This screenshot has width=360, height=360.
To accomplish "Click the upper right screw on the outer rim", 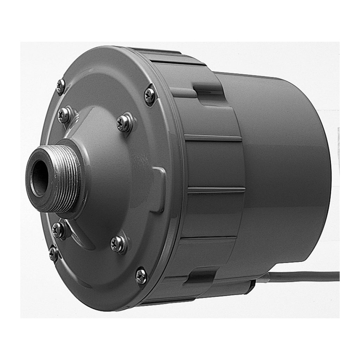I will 150,95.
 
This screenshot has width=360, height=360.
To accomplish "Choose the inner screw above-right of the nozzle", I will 124,123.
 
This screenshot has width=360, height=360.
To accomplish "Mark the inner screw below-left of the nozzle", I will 58,230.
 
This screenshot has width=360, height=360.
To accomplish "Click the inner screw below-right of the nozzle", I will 118,244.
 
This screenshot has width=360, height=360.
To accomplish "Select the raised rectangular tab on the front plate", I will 159,190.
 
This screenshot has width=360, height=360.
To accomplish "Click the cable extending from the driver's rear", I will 302,276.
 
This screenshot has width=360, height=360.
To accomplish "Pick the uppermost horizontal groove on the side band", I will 213,138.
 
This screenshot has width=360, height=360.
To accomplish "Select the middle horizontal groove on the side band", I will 216,190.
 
